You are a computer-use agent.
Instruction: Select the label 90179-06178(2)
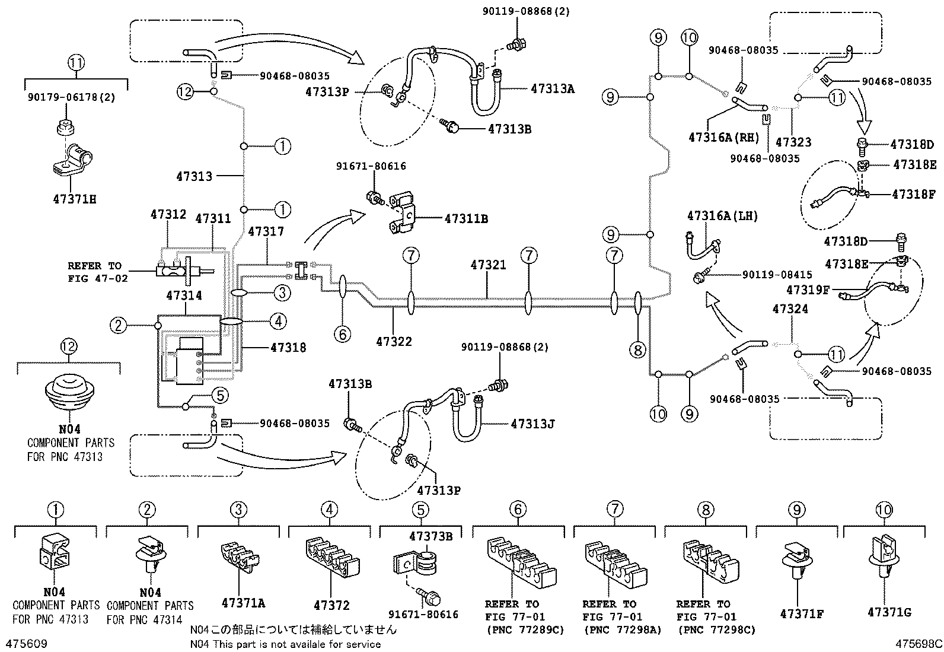click(x=70, y=97)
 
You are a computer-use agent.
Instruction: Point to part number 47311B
click(x=466, y=218)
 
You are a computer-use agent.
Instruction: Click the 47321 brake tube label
click(x=488, y=265)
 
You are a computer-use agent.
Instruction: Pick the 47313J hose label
click(x=532, y=424)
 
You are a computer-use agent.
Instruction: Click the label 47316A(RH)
click(x=723, y=137)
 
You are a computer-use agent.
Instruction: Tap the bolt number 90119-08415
click(x=777, y=275)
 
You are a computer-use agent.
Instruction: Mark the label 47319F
click(x=807, y=290)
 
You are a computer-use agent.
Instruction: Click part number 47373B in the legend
click(x=430, y=536)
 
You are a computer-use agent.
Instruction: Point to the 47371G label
click(x=889, y=612)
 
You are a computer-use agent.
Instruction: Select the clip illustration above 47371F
click(x=798, y=561)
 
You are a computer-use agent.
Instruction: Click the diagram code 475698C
click(x=919, y=644)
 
